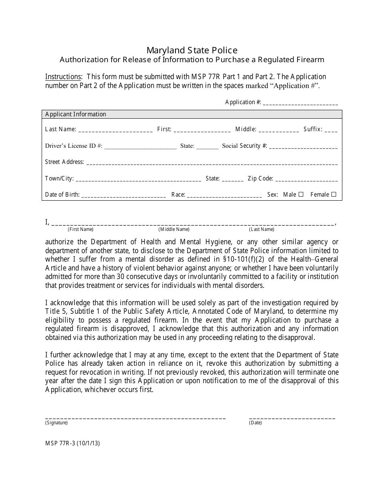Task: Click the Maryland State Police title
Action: coord(192,50)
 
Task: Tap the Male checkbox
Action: coord(301,194)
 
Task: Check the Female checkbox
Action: coord(333,194)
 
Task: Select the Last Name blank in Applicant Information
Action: coord(115,130)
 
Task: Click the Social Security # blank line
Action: coord(303,147)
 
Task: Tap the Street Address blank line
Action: coord(212,163)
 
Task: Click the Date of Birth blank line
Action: coord(123,195)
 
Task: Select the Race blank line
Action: coord(224,195)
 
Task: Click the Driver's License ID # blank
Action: coord(140,147)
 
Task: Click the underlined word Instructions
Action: coord(63,77)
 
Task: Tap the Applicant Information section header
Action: coord(76,114)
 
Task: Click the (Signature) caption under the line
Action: coord(57,423)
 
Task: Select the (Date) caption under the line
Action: coord(255,423)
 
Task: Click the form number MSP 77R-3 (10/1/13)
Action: coord(72,443)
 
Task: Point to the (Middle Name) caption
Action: coord(174,229)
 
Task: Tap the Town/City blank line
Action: coord(138,179)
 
